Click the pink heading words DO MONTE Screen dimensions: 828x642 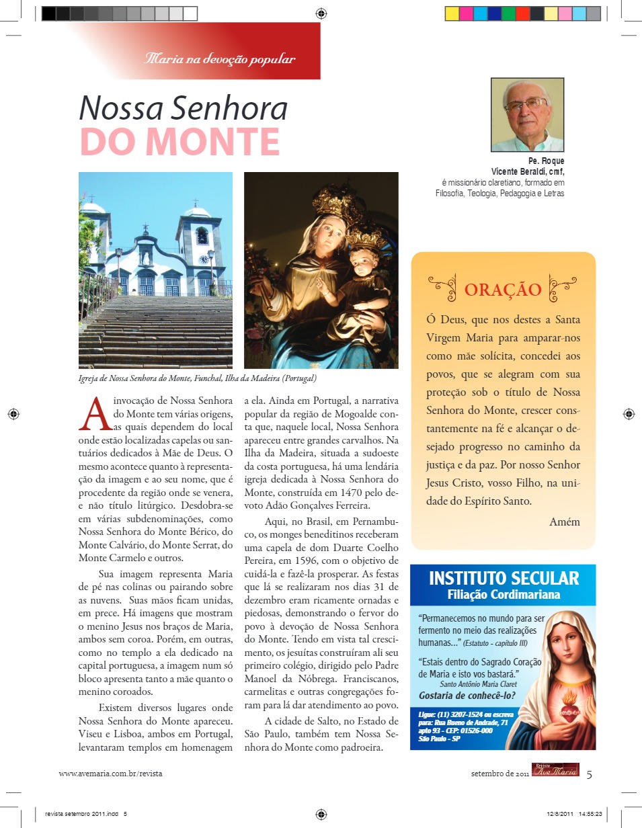(x=179, y=140)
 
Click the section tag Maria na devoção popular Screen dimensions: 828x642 (x=220, y=59)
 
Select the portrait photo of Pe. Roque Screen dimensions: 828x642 (x=527, y=115)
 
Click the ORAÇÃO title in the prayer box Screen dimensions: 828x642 (x=503, y=289)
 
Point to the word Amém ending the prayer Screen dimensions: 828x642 (x=564, y=522)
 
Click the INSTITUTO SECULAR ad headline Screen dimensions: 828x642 (x=504, y=578)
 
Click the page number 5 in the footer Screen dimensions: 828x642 (x=590, y=774)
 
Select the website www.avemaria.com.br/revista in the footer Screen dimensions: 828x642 (x=110, y=774)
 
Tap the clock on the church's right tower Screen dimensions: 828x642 (x=202, y=257)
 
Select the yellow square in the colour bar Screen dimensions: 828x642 (x=452, y=13)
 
